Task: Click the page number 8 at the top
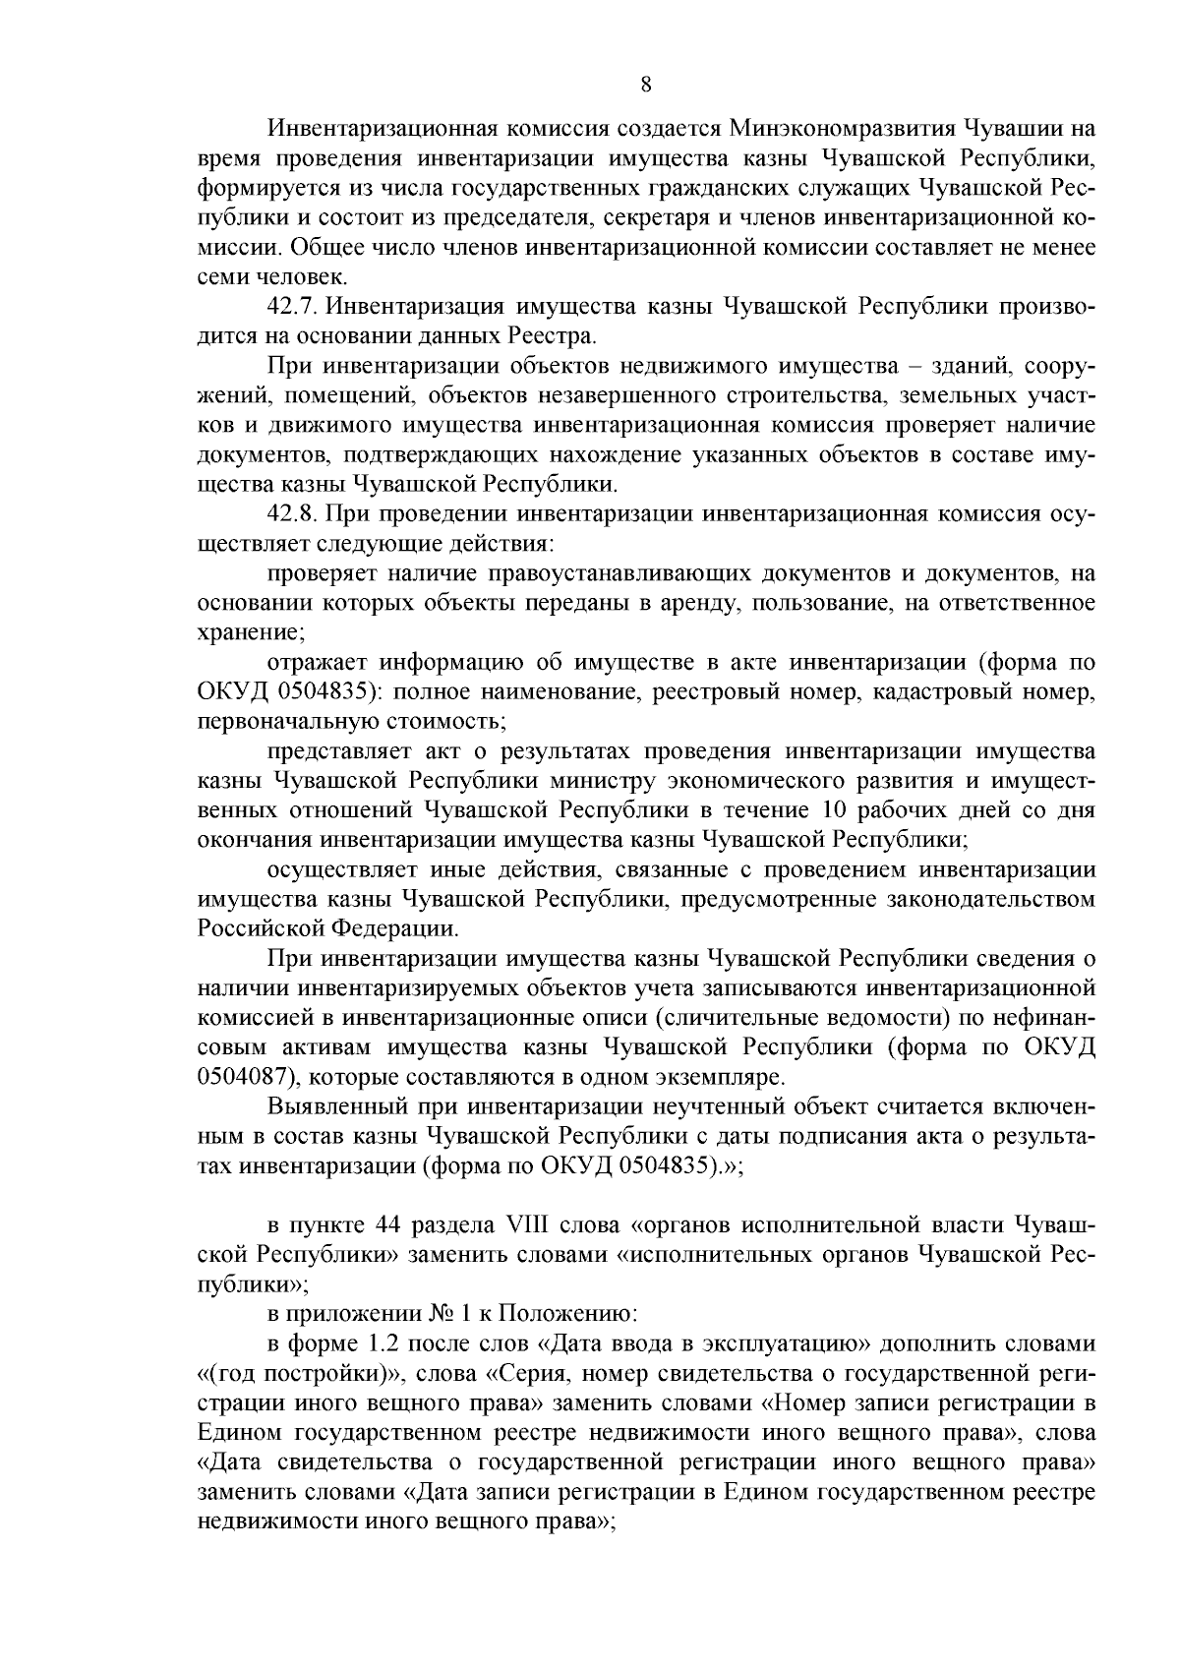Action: [646, 84]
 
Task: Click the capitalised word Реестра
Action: [556, 336]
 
